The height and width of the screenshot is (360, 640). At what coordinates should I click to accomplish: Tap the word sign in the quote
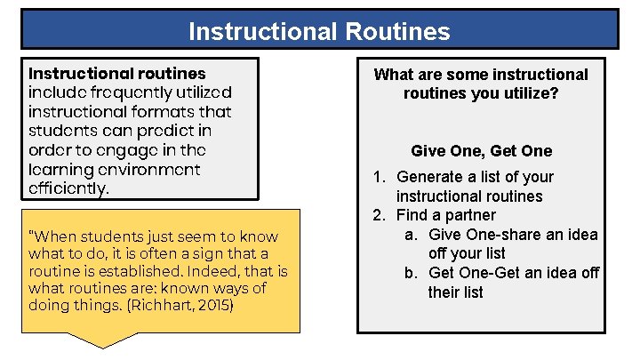[x=200, y=254]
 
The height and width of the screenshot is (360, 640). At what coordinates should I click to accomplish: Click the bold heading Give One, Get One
[x=481, y=151]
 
